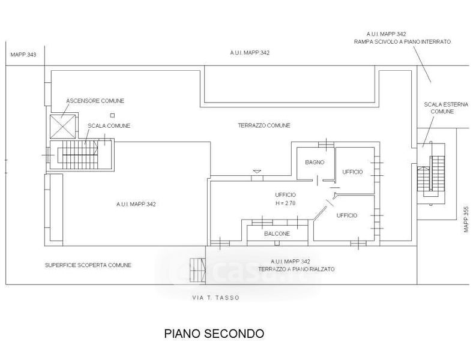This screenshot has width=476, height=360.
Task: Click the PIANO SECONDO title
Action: coord(214,334)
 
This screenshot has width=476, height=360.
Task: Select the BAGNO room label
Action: coord(315,163)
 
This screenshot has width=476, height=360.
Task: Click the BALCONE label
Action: coord(277,233)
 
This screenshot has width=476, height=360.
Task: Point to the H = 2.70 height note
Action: coord(285,203)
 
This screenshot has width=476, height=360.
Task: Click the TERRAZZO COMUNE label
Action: coord(264,125)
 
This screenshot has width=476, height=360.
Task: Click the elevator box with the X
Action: coord(62,125)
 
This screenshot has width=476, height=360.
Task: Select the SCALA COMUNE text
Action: coord(109,125)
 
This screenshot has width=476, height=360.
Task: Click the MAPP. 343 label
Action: coord(23,55)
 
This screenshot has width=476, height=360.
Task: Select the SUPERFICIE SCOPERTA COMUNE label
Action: coord(88,265)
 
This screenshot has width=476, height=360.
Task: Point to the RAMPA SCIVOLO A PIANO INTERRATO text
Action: coord(402,42)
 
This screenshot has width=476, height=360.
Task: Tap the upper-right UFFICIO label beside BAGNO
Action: coord(352,172)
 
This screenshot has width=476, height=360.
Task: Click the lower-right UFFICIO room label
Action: coord(347,215)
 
